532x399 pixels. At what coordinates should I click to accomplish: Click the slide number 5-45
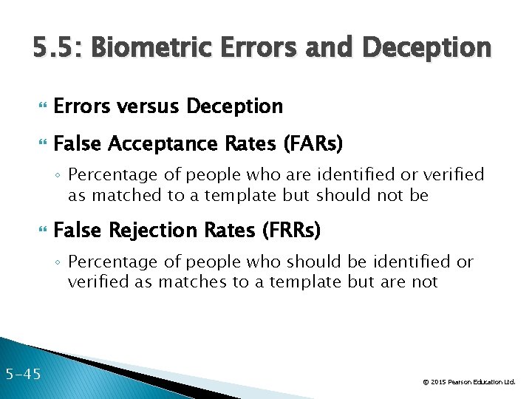point(22,374)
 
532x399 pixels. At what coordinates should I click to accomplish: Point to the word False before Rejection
point(78,231)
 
